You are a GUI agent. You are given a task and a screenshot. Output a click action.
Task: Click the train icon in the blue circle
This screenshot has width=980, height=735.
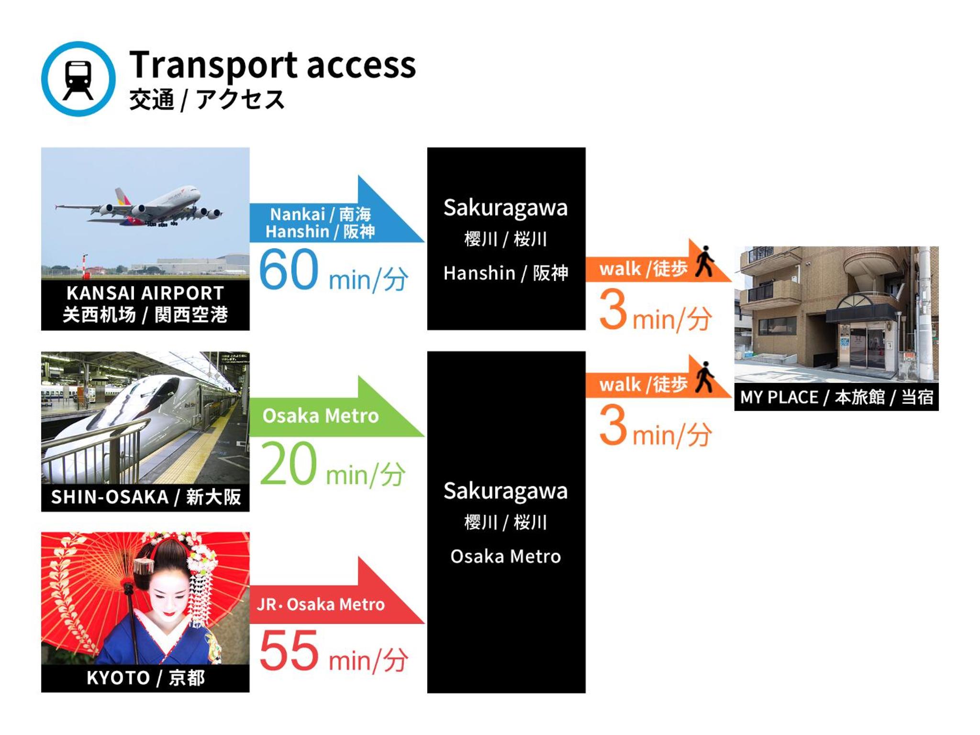pyautogui.click(x=78, y=79)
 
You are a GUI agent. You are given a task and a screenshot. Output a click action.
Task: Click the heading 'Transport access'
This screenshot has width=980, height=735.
pyautogui.click(x=272, y=66)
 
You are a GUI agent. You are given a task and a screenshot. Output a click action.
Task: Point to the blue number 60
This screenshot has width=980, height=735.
pyautogui.click(x=289, y=269)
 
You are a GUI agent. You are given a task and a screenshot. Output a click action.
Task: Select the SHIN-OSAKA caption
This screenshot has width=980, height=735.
pyautogui.click(x=145, y=497)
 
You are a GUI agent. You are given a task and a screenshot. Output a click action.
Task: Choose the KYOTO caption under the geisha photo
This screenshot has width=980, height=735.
pyautogui.click(x=145, y=678)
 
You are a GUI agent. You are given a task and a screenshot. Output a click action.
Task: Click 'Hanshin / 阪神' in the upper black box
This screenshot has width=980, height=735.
pyautogui.click(x=506, y=273)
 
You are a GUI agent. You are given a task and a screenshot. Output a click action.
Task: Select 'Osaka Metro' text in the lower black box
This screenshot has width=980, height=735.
pyautogui.click(x=506, y=557)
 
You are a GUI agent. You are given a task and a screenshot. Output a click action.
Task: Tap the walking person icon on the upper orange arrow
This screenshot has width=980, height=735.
pyautogui.click(x=705, y=261)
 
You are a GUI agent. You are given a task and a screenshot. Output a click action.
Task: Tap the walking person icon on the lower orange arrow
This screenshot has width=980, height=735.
pyautogui.click(x=705, y=378)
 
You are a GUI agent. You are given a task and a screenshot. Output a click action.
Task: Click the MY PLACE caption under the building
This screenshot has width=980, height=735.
pyautogui.click(x=836, y=397)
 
